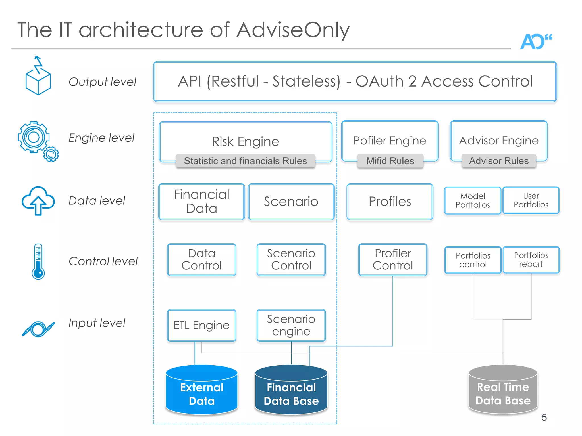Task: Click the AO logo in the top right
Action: click(x=536, y=42)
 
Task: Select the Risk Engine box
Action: click(x=246, y=141)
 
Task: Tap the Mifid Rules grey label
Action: click(x=390, y=161)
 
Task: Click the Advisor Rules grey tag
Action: click(x=499, y=161)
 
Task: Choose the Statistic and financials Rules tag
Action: click(x=245, y=161)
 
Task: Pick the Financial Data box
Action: click(x=201, y=202)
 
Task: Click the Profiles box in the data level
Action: click(x=390, y=202)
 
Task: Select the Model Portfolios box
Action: click(x=473, y=200)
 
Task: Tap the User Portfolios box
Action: click(x=531, y=200)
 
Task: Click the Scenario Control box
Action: click(x=291, y=259)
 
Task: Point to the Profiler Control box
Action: click(x=393, y=259)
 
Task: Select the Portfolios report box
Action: click(x=531, y=260)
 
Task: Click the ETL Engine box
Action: click(x=201, y=325)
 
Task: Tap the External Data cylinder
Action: click(x=201, y=390)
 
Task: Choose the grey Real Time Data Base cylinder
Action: click(x=503, y=390)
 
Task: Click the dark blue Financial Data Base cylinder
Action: click(x=291, y=390)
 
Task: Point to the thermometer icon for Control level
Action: click(x=38, y=261)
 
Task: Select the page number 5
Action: click(x=544, y=417)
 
